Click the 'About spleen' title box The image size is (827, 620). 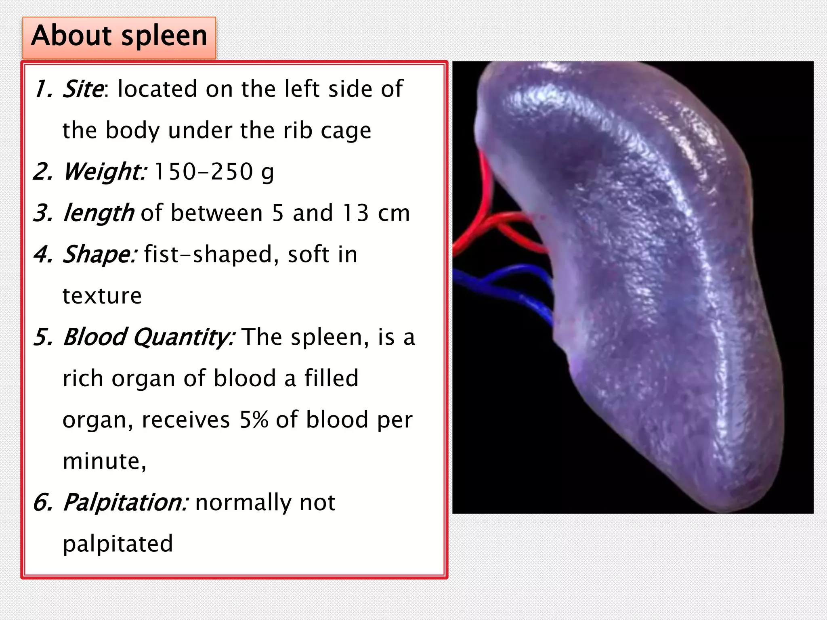[119, 37]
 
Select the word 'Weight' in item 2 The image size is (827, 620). [104, 172]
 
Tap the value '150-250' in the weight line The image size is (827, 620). [204, 172]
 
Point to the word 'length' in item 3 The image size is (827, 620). [99, 213]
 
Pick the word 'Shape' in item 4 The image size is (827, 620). [99, 254]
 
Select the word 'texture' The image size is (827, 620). [102, 296]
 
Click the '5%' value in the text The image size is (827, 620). [254, 420]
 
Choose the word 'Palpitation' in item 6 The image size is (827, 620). [124, 503]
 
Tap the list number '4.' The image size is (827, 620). [43, 255]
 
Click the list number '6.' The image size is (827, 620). [43, 503]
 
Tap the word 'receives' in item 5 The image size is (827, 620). [186, 420]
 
